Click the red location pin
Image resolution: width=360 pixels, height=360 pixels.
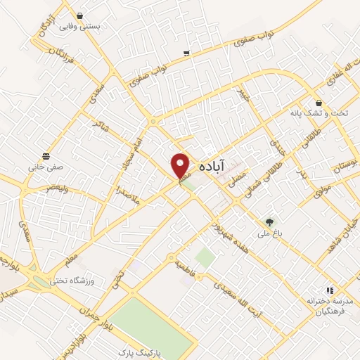point(181,165)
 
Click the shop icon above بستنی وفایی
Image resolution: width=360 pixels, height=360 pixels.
point(79,15)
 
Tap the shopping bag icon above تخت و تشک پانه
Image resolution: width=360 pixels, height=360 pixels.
point(319,101)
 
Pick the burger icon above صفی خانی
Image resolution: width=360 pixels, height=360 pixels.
point(46,155)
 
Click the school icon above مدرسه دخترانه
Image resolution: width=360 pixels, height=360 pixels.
point(328,290)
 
